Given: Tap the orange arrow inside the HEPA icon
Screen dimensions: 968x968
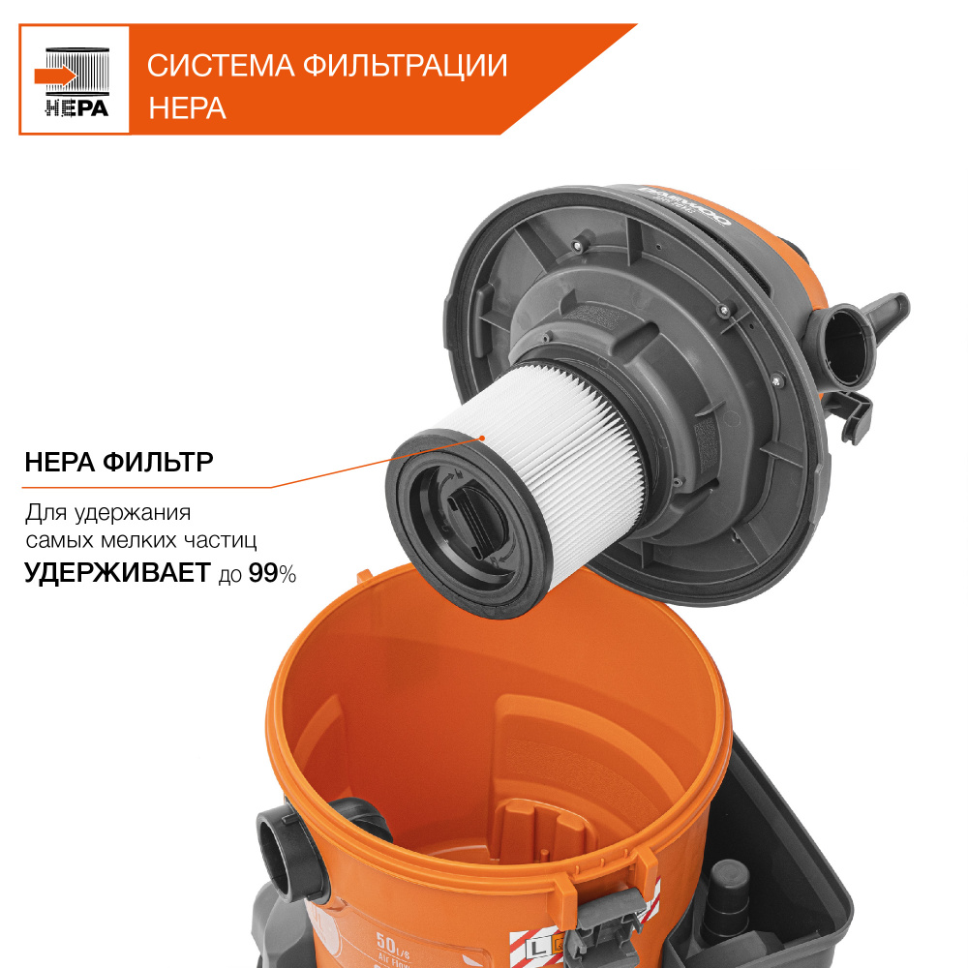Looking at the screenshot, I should pos(54,75).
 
